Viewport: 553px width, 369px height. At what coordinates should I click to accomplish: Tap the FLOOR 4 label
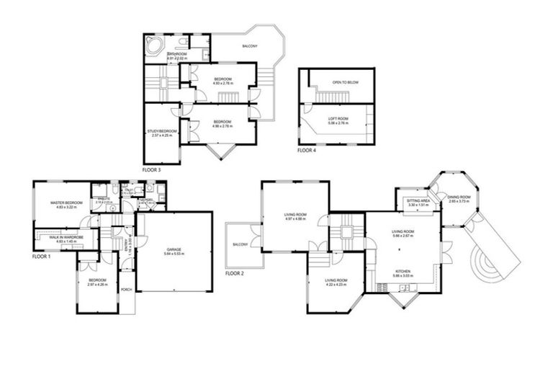307,151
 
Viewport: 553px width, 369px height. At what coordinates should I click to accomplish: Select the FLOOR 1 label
42,256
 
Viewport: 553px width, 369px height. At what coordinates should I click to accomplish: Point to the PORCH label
126,290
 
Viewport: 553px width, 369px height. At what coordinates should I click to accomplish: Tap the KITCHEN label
403,271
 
